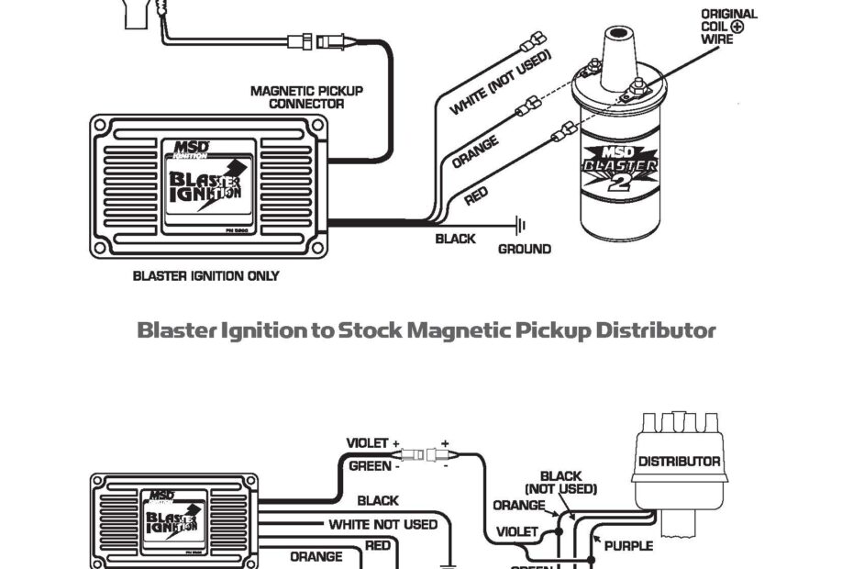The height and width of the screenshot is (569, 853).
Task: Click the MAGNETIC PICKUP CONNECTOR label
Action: click(x=306, y=97)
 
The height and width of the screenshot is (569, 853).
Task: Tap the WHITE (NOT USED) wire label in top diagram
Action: click(x=500, y=83)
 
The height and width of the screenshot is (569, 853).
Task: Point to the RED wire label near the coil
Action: click(x=476, y=195)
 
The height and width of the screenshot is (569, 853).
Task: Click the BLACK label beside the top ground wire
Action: click(x=456, y=239)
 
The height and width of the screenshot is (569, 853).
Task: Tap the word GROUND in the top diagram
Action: click(x=525, y=249)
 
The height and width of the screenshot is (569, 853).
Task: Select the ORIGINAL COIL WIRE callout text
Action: click(x=729, y=27)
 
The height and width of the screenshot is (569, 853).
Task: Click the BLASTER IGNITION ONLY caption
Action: click(x=206, y=275)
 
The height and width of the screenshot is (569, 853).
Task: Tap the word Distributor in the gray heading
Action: click(x=656, y=329)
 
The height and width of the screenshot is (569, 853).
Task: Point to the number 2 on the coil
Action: click(x=620, y=184)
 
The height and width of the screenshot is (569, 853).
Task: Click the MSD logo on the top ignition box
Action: click(x=191, y=147)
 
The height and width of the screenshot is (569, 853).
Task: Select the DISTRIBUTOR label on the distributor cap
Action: click(x=679, y=462)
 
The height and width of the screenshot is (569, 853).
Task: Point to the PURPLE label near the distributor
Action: click(x=628, y=546)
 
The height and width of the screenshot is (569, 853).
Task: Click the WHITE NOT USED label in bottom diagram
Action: click(x=383, y=524)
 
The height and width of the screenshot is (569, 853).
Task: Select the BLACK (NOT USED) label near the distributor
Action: click(x=560, y=483)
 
